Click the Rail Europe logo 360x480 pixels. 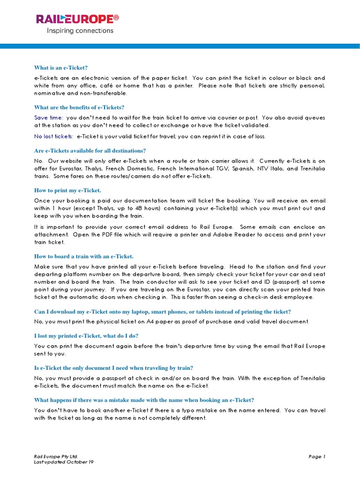tap(77, 19)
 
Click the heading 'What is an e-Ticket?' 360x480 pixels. tap(61, 68)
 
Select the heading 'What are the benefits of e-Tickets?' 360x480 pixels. tap(79, 107)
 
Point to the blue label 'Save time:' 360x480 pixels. tap(49, 118)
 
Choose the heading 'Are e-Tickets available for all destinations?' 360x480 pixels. tap(90, 150)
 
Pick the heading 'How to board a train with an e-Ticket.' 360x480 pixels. tap(84, 256)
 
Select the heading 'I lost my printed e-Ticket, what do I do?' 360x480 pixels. tap(86, 336)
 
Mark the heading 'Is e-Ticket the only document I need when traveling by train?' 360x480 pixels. tap(113, 367)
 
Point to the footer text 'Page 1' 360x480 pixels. tap(317, 456)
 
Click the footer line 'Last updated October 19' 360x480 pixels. tap(64, 462)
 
